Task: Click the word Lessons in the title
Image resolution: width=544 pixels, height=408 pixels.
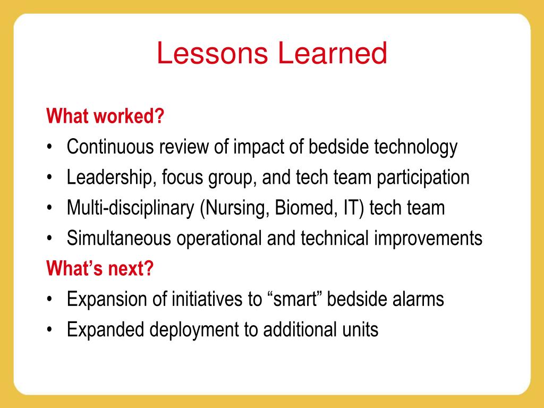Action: (x=212, y=53)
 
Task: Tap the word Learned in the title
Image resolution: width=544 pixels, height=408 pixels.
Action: (x=333, y=53)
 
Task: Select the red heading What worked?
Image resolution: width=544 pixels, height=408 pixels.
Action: (x=105, y=116)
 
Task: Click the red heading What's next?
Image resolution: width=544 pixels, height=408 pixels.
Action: (x=100, y=268)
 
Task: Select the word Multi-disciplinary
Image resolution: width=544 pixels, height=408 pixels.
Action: (x=131, y=208)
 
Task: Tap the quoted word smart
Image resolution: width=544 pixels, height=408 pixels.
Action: (x=295, y=299)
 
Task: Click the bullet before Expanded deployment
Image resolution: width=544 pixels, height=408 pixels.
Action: (x=49, y=329)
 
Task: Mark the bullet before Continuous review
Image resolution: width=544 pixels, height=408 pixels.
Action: (x=49, y=147)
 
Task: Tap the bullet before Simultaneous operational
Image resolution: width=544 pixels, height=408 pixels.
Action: (x=49, y=238)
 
